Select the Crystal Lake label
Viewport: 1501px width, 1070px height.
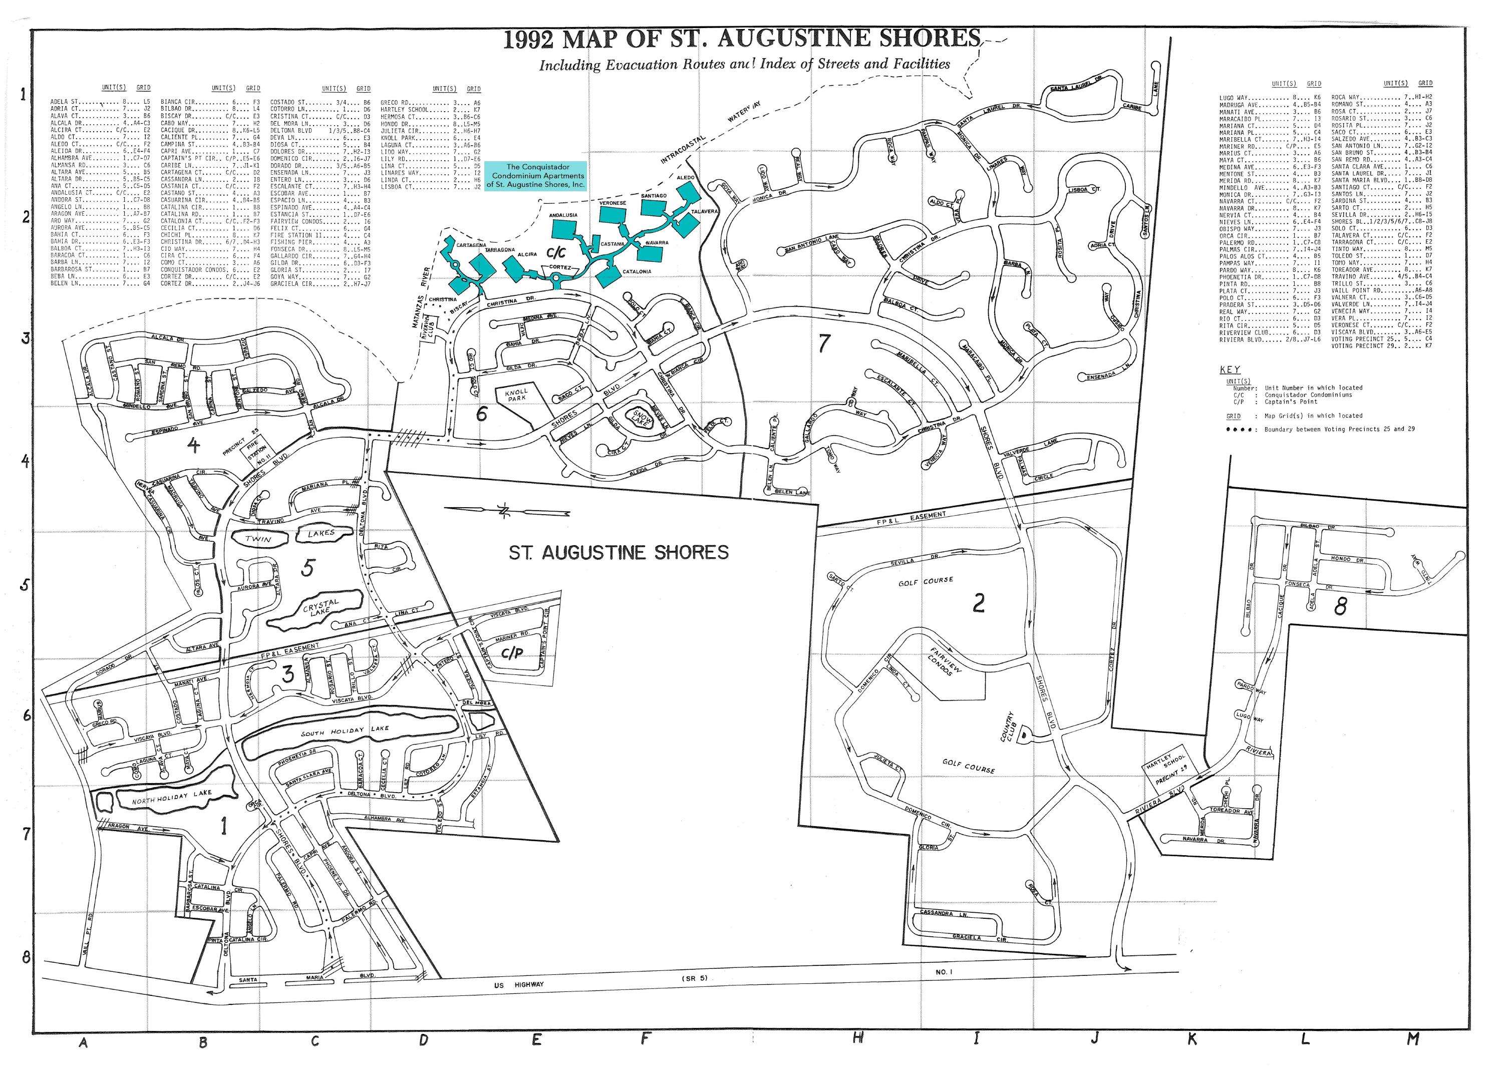(x=321, y=606)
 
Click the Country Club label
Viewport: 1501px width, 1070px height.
(x=1010, y=726)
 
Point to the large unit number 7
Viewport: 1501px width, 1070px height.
(x=822, y=343)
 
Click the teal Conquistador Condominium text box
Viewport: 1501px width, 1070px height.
(x=535, y=176)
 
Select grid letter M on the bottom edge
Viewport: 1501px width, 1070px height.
(x=1412, y=1039)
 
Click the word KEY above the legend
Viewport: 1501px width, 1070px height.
(x=1230, y=370)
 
